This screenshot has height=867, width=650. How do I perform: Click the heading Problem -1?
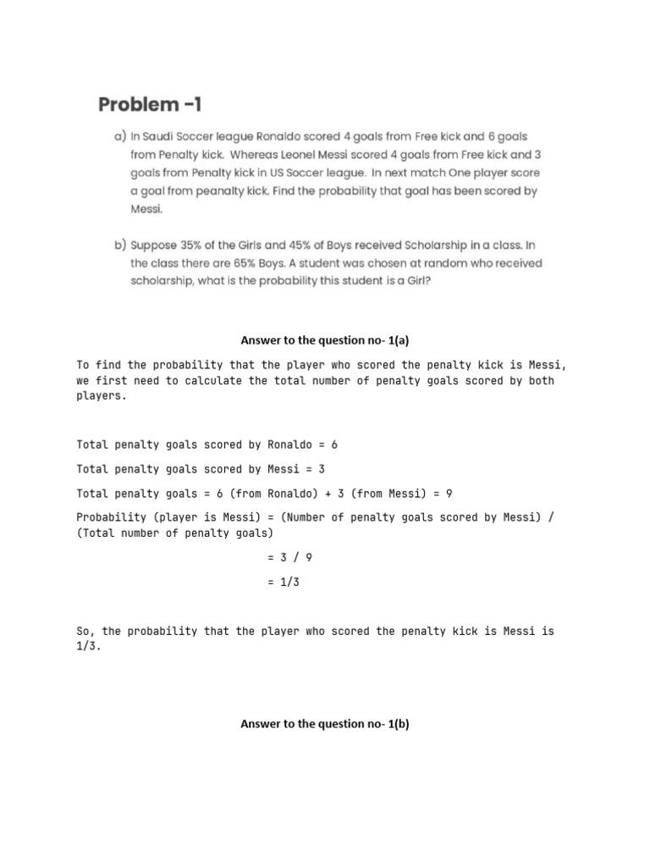point(151,105)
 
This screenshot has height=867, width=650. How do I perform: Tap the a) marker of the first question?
point(120,136)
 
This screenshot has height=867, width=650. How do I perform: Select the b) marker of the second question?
point(120,246)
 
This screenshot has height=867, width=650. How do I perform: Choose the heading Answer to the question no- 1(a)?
point(325,340)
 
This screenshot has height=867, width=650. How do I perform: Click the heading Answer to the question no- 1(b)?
point(325,724)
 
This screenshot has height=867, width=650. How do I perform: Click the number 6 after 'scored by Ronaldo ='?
point(335,445)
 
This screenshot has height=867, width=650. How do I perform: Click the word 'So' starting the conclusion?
point(83,632)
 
